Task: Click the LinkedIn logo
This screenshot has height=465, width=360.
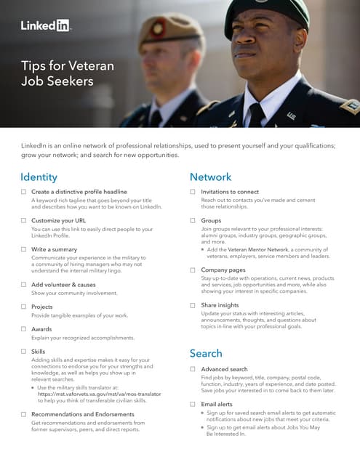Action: click(45, 25)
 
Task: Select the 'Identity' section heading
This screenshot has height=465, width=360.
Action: click(39, 177)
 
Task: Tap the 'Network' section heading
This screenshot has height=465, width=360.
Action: click(210, 177)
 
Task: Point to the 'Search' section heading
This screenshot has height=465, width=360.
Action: click(206, 353)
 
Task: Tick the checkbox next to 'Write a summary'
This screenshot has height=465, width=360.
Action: click(23, 248)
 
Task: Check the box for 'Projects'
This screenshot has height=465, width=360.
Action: click(23, 307)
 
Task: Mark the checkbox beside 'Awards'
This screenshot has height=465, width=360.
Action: click(23, 329)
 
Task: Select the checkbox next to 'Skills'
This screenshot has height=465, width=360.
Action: click(23, 352)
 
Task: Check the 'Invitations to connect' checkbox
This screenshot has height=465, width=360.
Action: click(192, 192)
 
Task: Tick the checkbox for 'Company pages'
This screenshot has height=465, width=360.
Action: click(192, 270)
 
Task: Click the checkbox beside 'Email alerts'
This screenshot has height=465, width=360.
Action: click(192, 403)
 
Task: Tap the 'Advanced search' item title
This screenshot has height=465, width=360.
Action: click(224, 370)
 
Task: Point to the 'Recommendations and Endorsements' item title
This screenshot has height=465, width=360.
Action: click(82, 414)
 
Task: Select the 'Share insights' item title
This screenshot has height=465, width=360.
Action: click(220, 305)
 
